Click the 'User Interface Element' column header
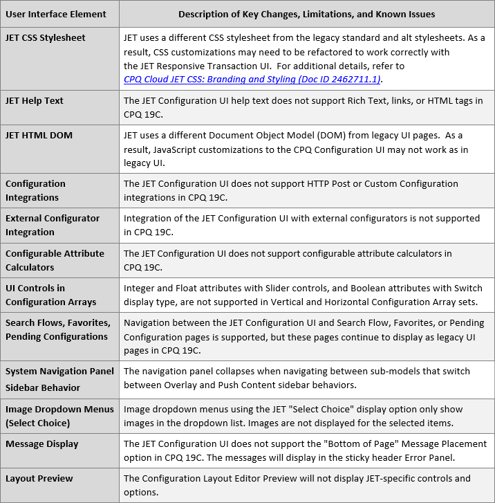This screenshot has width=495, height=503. pos(56,14)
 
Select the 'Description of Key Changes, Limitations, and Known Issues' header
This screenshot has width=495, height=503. pos(307,14)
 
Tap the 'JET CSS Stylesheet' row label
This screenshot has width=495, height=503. pos(46,37)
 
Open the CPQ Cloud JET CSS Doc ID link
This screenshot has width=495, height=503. pos(252,80)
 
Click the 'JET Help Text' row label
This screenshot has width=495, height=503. pos(35,100)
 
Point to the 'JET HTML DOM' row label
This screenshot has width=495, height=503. pos(39,135)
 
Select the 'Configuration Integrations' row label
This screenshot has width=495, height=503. pos(35,190)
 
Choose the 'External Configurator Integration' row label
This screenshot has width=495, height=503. pos(53,225)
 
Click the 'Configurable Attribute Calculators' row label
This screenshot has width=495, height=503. pos(55,260)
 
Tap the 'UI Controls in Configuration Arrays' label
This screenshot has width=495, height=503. pos(50,295)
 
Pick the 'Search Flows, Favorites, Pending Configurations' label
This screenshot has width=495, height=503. pos(57,329)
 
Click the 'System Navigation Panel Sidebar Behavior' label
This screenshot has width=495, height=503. pos(59,379)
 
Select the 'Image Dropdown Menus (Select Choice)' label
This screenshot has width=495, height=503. pos(59,416)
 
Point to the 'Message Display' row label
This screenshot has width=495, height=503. pos(42,443)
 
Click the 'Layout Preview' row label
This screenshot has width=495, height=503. pos(39,478)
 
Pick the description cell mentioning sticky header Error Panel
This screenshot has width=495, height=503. pos(305,450)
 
